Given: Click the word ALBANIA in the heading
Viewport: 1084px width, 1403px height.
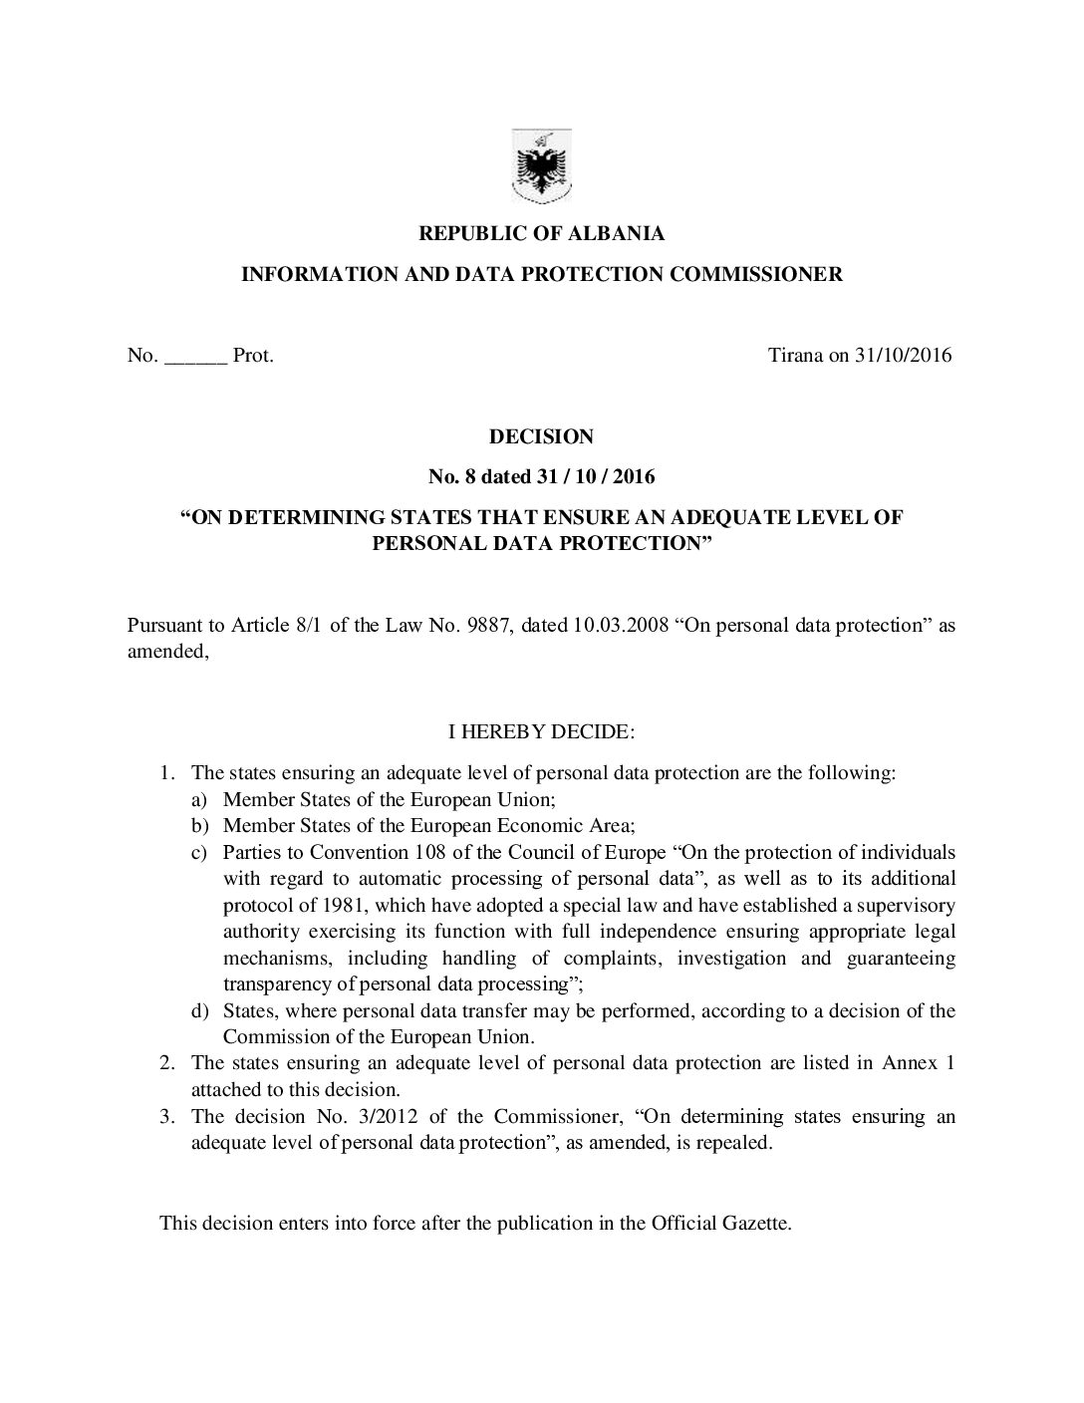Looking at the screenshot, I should (617, 234).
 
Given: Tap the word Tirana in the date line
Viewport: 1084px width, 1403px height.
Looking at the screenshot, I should (795, 355).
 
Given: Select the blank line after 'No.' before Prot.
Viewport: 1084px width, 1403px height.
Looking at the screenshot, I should (195, 356).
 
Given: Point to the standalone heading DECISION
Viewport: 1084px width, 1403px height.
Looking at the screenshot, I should (541, 436).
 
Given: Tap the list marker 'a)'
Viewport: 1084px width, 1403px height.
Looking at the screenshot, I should (200, 799).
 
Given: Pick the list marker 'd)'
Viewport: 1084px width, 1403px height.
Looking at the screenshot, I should (200, 1011).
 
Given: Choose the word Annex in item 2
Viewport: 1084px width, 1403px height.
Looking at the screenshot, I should (909, 1063).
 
